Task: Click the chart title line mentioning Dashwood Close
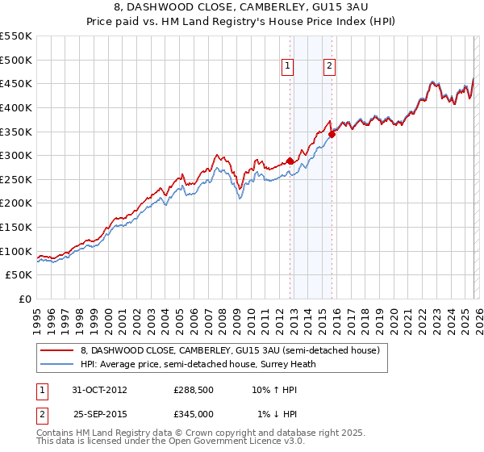point(241,8)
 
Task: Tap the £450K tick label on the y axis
point(15,83)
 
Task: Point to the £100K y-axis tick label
point(15,251)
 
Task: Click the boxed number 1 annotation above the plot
point(288,67)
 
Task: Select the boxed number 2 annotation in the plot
point(330,67)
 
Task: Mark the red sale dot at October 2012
point(290,161)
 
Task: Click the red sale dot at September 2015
point(332,134)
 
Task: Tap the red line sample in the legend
point(57,350)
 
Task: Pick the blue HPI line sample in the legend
point(57,364)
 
